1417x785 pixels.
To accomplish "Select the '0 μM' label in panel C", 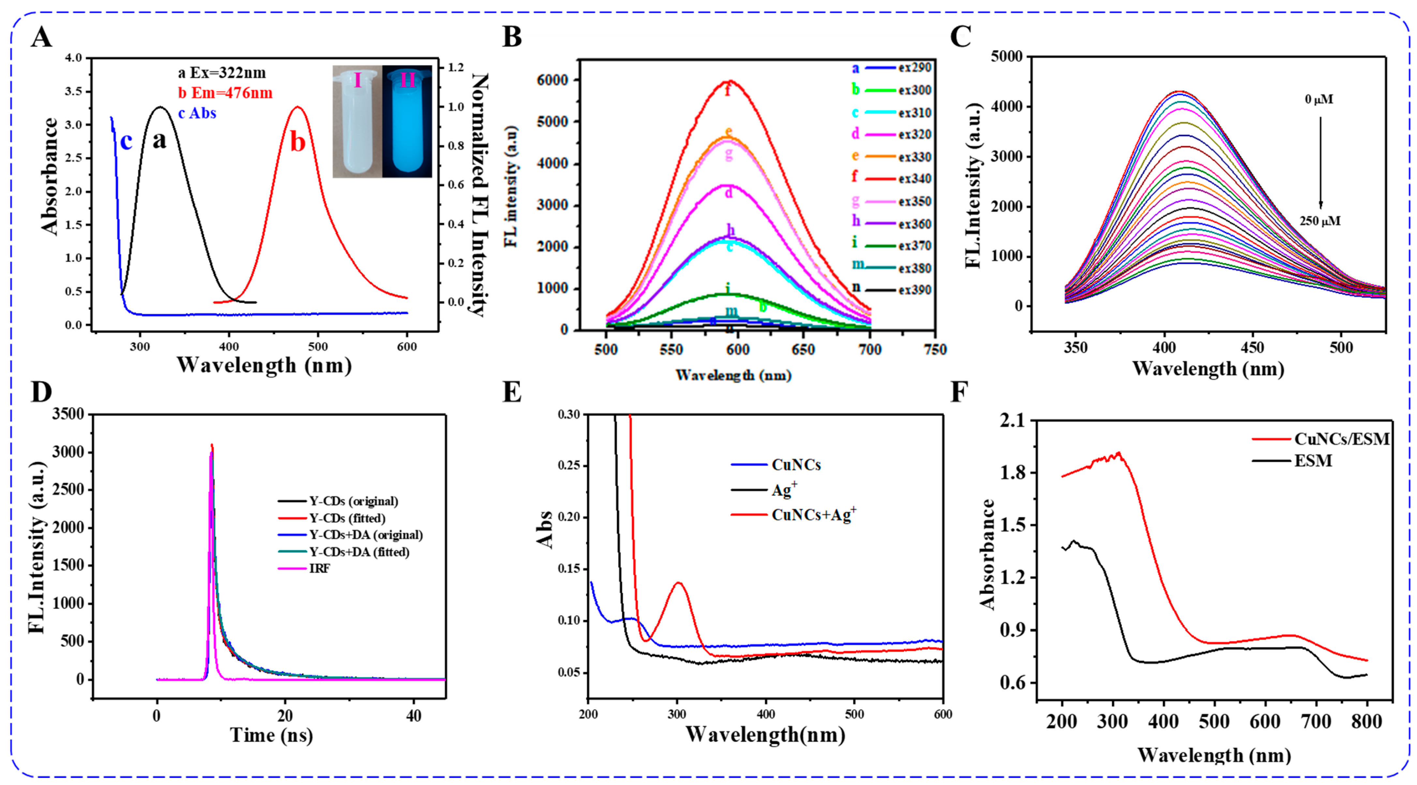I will [x=1319, y=99].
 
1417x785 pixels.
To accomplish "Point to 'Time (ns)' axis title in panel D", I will [x=271, y=735].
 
